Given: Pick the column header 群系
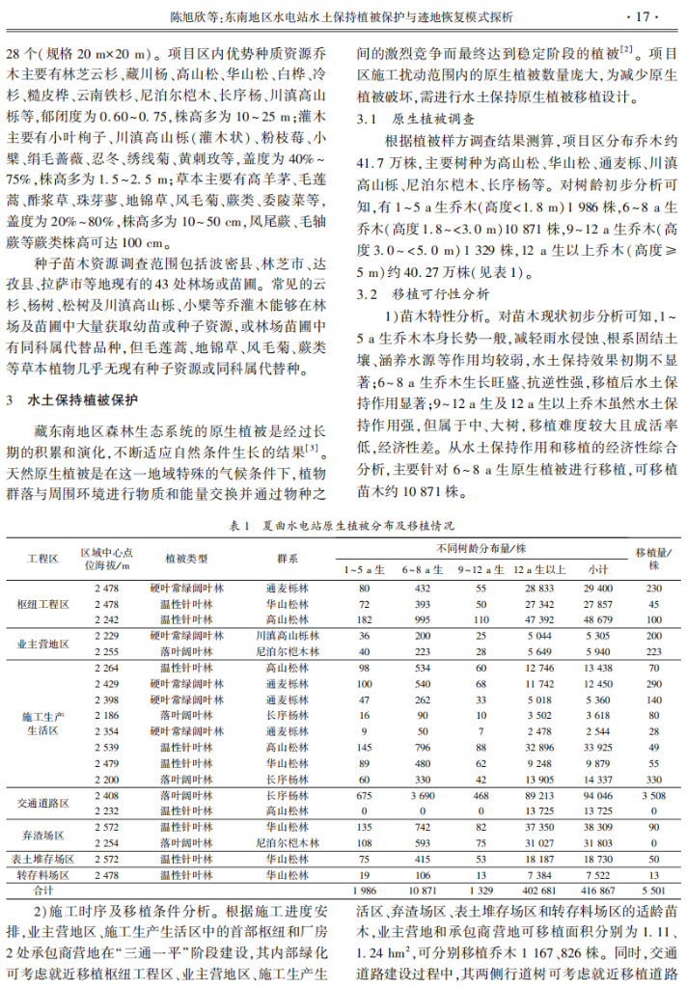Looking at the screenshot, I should point(287,559).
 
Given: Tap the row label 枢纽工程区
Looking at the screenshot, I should point(43,603).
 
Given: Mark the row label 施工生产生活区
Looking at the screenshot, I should point(43,724).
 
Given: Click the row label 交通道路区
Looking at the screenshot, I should point(43,803).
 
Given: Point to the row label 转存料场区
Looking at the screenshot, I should point(43,874).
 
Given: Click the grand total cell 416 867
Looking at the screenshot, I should point(597,890).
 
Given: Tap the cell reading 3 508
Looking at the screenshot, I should point(652,795).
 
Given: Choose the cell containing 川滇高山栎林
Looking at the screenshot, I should point(287,636).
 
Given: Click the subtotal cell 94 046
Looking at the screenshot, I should point(597,795).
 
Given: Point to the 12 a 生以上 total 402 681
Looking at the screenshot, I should point(538,890).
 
